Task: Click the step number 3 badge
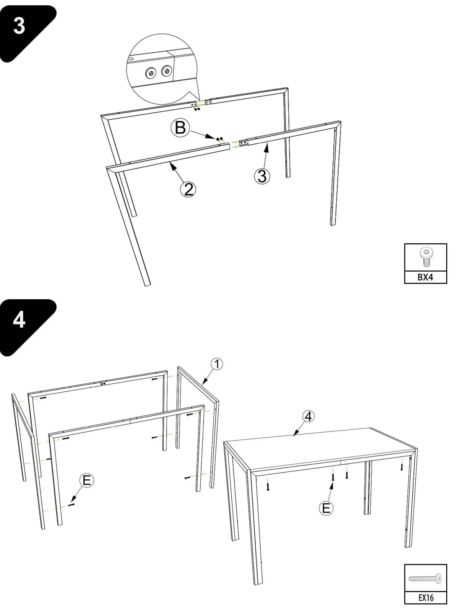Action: point(19,26)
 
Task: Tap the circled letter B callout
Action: point(180,128)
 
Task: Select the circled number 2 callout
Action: point(188,190)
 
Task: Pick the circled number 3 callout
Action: point(262,176)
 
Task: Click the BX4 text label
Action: point(425,277)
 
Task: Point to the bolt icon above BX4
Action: point(425,257)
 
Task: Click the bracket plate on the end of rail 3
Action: point(243,143)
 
